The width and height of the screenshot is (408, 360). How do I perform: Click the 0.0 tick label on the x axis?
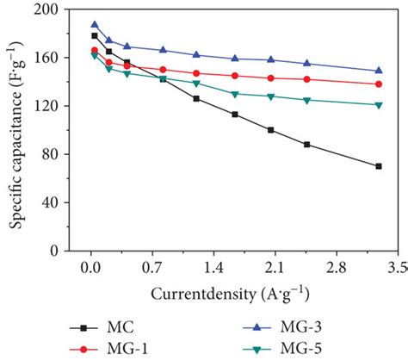pyautogui.click(x=88, y=266)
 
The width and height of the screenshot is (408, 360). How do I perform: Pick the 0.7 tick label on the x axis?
pyautogui.click(x=156, y=266)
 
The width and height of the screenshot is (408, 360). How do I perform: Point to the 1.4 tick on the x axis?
pyautogui.click(x=224, y=266)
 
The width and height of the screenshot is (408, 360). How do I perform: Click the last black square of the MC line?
pyautogui.click(x=378, y=166)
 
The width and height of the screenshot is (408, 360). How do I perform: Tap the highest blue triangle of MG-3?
pyautogui.click(x=95, y=25)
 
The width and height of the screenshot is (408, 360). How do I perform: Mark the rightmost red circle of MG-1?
pyautogui.click(x=378, y=84)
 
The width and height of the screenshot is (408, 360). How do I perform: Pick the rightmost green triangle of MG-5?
pyautogui.click(x=378, y=105)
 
